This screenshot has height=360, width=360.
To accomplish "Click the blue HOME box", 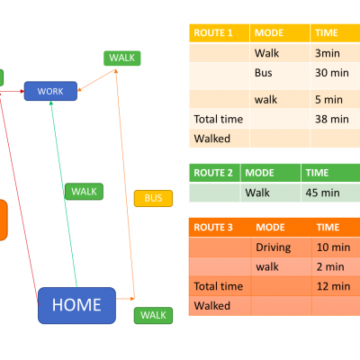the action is tap(76, 305).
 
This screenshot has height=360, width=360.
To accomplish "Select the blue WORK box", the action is tap(50, 91).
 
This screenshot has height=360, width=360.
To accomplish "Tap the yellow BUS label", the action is tap(153, 198).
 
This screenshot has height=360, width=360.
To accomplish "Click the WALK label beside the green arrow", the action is tap(84, 192).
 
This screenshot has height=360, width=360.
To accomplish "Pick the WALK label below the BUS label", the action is tap(153, 315).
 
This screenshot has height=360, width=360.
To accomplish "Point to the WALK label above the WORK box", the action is tap(122, 58).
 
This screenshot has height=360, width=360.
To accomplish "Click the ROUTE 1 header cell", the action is tap(220, 33).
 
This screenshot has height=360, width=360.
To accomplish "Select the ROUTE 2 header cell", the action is tap(214, 173).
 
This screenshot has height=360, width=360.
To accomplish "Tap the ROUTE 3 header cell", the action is tap(220, 228).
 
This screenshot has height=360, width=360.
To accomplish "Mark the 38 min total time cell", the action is tap(335, 119).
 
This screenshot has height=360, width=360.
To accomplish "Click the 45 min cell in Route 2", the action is tap(330, 192).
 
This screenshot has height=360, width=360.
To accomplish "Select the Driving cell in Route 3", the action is tap(282, 247).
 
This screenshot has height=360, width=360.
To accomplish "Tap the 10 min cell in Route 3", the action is tap(336, 247).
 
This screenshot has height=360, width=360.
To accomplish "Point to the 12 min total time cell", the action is tap(336, 286).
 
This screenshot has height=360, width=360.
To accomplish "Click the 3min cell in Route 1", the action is tap(335, 53).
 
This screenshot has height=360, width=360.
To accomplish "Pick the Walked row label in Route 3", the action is tap(212, 306).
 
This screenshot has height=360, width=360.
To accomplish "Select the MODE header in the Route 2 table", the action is tap(271, 173).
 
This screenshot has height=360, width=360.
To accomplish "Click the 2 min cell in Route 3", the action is tap(336, 266).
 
